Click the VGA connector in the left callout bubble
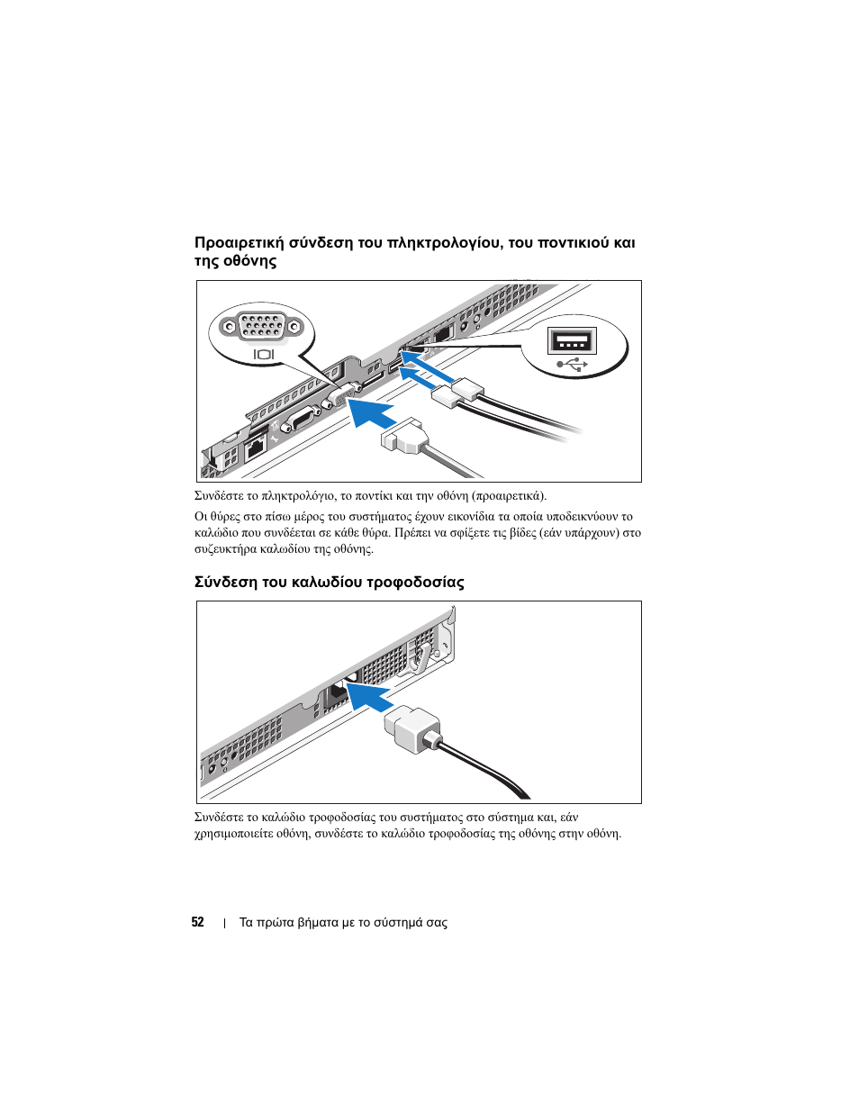point(263,326)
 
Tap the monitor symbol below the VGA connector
point(263,355)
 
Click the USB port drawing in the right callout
point(572,341)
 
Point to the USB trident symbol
point(572,365)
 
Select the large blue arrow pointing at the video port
point(371,414)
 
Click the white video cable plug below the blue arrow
point(403,436)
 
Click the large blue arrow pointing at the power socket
point(369,695)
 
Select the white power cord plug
point(412,728)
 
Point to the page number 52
point(197,922)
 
